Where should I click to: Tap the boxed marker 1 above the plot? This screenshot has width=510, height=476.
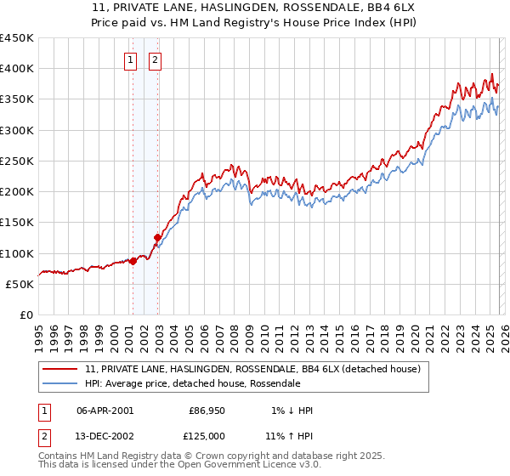click(131, 59)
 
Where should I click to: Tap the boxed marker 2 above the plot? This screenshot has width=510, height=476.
click(156, 59)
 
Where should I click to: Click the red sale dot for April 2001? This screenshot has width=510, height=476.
click(133, 262)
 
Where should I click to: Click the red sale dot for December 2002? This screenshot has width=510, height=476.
click(157, 238)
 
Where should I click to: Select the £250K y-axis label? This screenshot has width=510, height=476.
click(17, 161)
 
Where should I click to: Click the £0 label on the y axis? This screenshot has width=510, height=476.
click(25, 314)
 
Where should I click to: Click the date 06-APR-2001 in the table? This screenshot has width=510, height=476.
click(105, 411)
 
